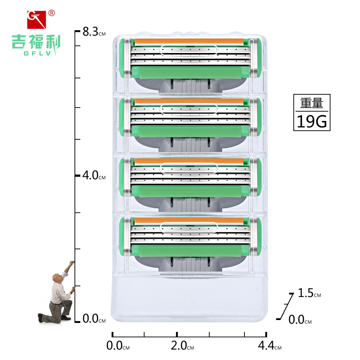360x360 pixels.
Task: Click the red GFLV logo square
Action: click(x=36, y=20)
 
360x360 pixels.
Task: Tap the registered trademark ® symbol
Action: click(x=51, y=13)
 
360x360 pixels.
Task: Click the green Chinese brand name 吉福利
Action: click(x=36, y=42)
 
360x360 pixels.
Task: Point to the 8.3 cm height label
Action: click(x=94, y=32)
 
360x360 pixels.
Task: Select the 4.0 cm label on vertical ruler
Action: click(x=94, y=175)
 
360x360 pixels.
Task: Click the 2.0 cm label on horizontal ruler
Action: click(x=182, y=346)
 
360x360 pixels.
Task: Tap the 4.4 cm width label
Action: click(x=270, y=346)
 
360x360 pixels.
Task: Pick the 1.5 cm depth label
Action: click(x=309, y=293)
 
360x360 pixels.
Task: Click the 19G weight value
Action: click(x=312, y=121)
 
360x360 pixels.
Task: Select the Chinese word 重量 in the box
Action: click(x=312, y=103)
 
